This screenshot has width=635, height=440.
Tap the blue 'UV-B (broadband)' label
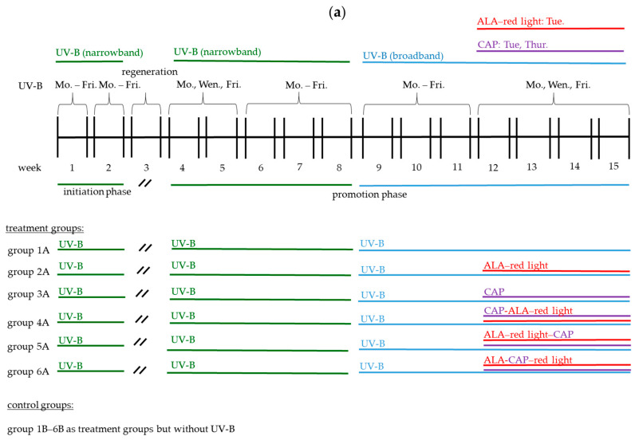point(402,57)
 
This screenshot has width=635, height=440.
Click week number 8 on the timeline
point(339,167)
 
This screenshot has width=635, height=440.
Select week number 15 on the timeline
point(613,167)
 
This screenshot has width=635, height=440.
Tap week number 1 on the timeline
point(72,167)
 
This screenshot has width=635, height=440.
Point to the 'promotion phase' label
point(369,194)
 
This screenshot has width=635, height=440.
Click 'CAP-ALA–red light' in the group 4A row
point(528,310)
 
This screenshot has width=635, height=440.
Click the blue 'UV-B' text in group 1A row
point(373,244)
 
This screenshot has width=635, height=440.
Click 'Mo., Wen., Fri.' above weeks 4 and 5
point(203,84)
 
